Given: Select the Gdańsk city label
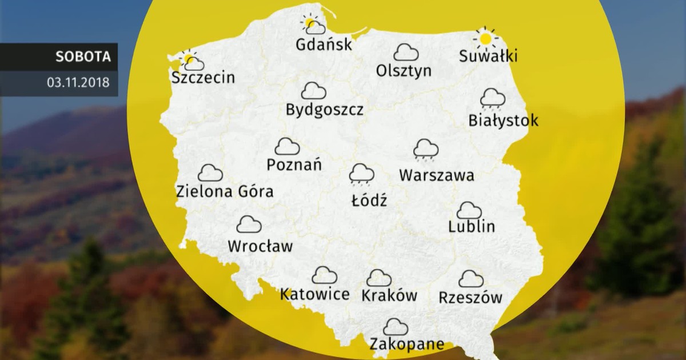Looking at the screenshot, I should (324, 44).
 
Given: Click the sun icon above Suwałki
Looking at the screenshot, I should (485, 38).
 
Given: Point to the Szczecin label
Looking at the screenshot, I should (203, 77).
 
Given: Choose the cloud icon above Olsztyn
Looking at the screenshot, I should (406, 53).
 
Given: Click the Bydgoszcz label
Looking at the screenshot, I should (325, 109).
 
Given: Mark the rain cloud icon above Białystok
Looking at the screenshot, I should (492, 98).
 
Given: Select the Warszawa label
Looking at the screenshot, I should (437, 175).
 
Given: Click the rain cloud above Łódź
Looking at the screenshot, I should (362, 174).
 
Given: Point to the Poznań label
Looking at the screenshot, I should (294, 165).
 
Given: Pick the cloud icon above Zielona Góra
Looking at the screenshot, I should (210, 173).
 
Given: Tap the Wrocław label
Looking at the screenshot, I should (260, 247).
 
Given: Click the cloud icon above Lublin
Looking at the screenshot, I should (469, 210).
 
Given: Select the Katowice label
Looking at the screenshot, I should (315, 294).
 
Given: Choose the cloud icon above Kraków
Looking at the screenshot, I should (379, 278).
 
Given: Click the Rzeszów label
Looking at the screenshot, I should (470, 297).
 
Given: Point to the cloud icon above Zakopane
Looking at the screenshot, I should (396, 327).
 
